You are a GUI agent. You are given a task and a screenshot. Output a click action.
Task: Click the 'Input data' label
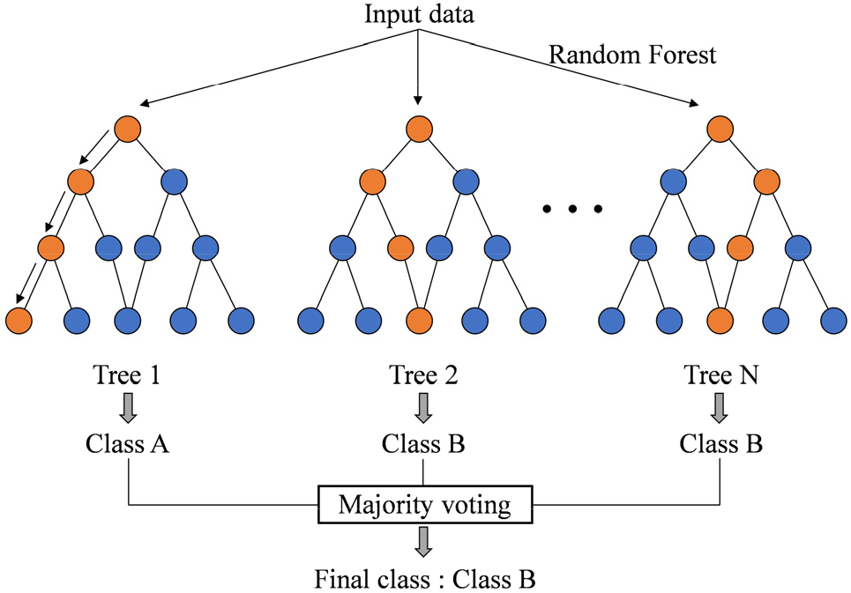[x=419, y=15]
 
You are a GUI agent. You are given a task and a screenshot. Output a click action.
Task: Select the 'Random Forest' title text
[x=633, y=56]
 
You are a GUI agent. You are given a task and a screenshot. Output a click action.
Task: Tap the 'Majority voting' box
[x=425, y=506]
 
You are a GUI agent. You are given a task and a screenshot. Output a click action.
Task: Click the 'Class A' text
[x=128, y=443]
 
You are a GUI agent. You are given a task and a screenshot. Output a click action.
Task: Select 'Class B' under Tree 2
[x=424, y=443]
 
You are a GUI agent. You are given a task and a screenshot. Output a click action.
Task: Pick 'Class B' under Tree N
[x=721, y=443]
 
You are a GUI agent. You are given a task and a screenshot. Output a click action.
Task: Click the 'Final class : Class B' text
[x=425, y=579]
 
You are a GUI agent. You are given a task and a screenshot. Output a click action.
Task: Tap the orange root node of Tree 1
[x=128, y=129]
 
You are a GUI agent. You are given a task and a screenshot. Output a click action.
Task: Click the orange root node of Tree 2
[x=420, y=129]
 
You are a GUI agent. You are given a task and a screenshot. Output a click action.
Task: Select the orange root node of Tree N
[x=719, y=129]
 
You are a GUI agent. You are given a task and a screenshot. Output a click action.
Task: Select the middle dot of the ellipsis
[x=572, y=209]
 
